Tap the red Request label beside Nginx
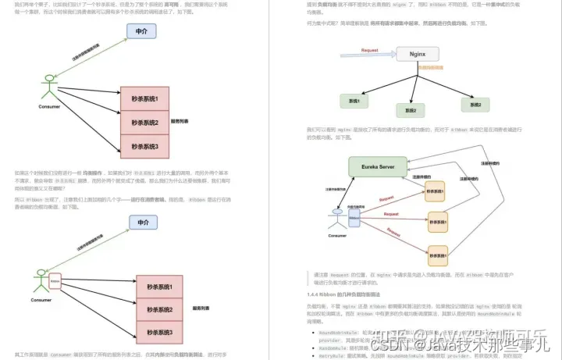click(370, 50)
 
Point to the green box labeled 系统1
click(354, 101)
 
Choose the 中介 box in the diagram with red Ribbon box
click(143, 223)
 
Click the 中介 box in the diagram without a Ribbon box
click(141, 32)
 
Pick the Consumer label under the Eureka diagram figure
click(336, 235)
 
